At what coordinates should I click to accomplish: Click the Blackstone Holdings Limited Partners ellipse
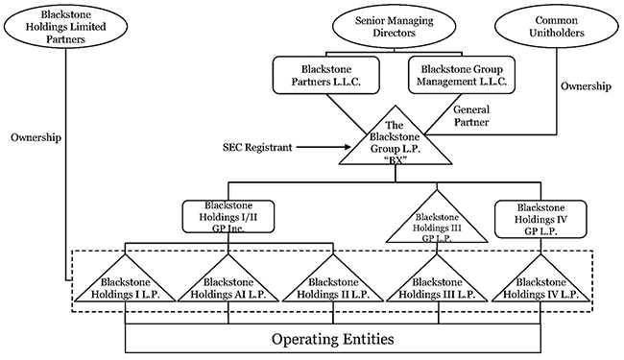[65, 26]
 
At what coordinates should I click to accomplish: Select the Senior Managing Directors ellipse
[394, 26]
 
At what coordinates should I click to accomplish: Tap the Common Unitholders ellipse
[557, 26]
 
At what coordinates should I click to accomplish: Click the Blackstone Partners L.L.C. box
[326, 75]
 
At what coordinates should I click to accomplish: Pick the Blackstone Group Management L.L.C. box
[462, 75]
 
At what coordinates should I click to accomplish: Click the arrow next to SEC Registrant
[324, 147]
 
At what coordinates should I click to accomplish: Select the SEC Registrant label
[257, 148]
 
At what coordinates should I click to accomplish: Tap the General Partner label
[471, 116]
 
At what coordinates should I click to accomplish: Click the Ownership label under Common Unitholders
[586, 86]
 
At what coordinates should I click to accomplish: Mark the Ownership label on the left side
[36, 137]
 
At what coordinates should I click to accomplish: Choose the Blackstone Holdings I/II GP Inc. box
[228, 217]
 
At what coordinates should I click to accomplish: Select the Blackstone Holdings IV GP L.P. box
[540, 219]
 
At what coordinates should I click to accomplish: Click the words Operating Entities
[333, 339]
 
